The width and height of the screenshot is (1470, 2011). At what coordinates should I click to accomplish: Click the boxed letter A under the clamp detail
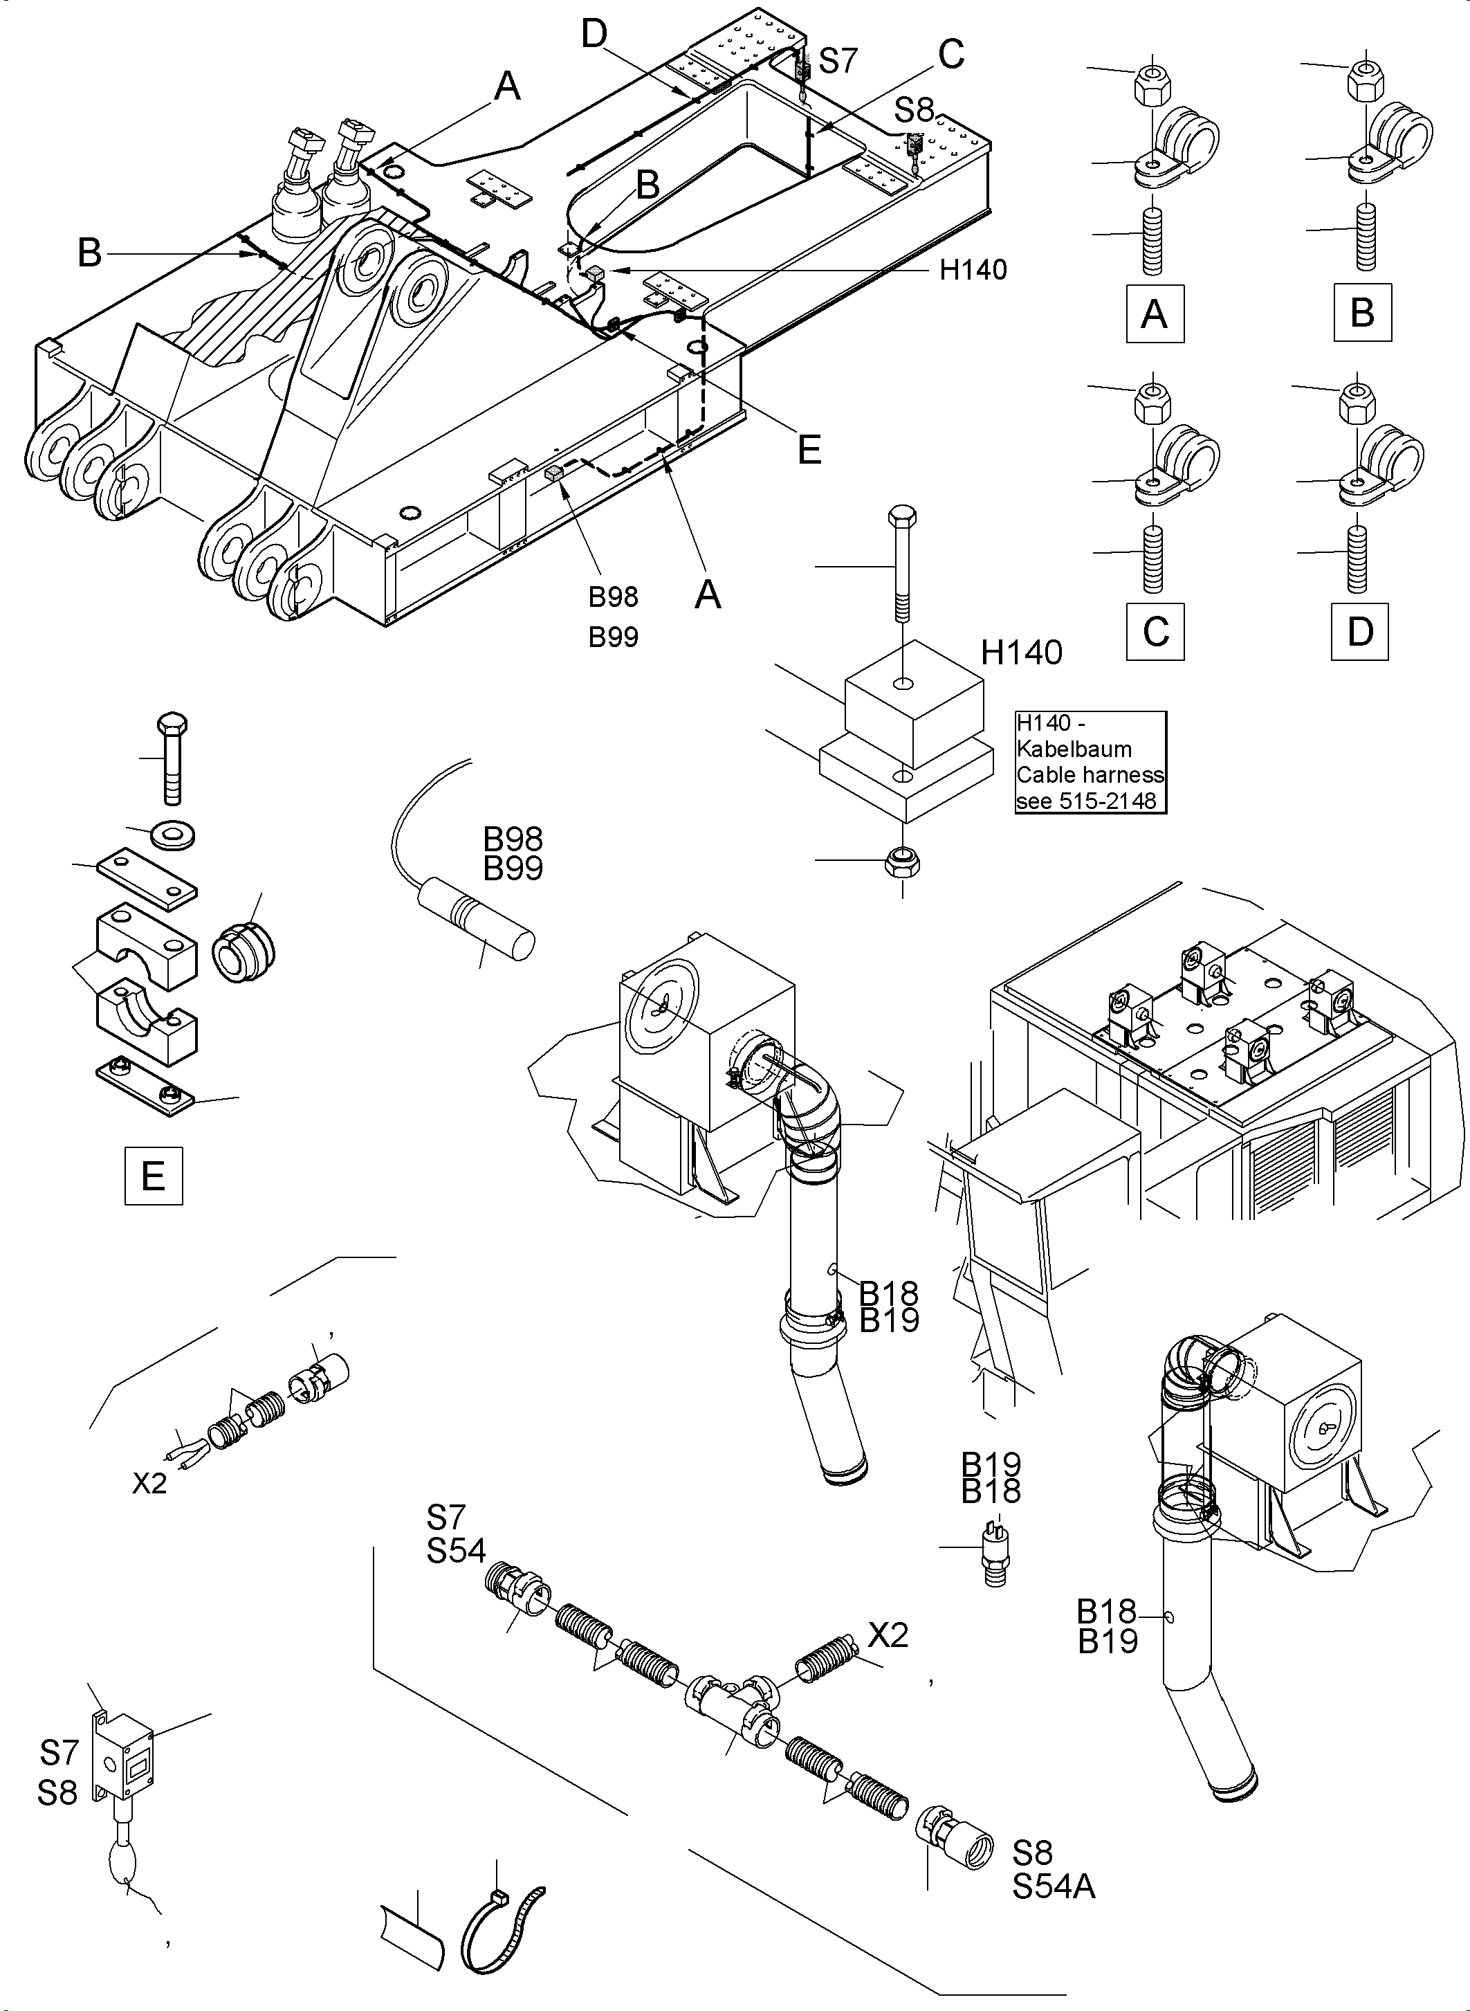pos(1154,313)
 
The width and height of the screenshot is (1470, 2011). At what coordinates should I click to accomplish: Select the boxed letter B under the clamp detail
pos(1361,313)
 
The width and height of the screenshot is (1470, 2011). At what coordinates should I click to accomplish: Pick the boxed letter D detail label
pos(1359,631)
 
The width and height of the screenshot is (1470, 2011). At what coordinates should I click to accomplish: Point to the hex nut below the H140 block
pos(903,862)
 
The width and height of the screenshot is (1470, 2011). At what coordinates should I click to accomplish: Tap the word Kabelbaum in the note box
pos(1074,749)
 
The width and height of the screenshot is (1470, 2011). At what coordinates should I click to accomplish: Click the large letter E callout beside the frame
pos(809,450)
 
